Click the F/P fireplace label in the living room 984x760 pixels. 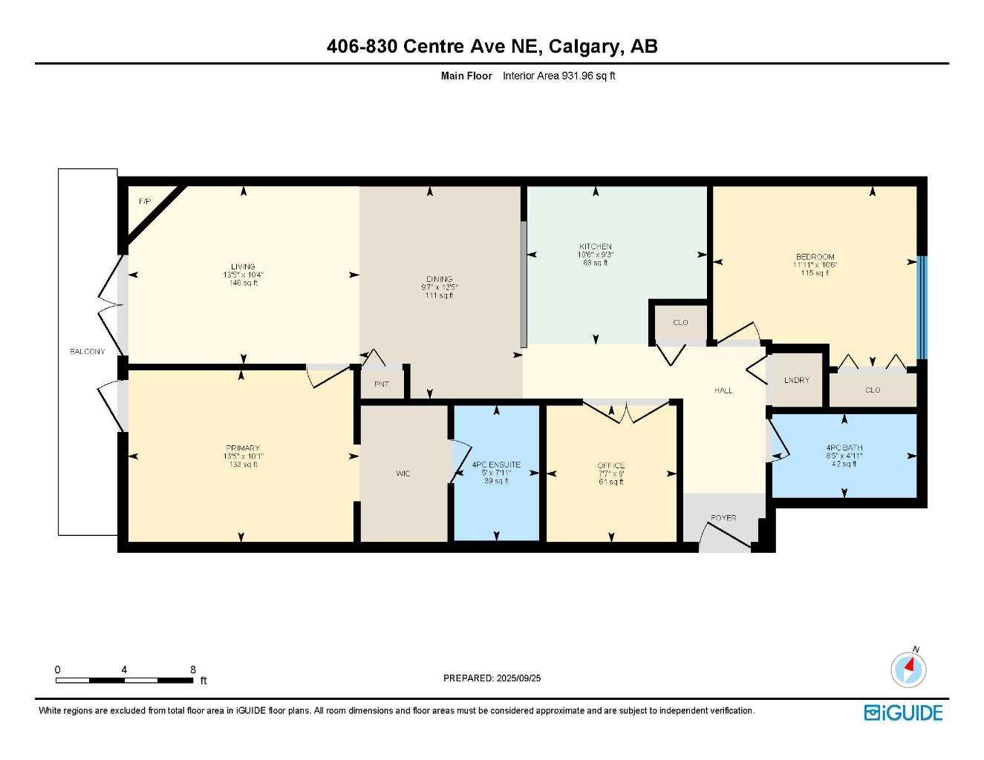[x=145, y=201]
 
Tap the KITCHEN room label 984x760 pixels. [x=595, y=246]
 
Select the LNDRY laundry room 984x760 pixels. [x=796, y=380]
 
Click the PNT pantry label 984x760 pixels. [x=381, y=384]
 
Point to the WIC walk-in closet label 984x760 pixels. [x=403, y=474]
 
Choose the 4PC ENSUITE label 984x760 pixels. [x=496, y=465]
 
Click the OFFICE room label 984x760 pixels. [x=610, y=465]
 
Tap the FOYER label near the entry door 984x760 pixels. [x=723, y=517]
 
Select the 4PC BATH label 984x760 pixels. [x=844, y=448]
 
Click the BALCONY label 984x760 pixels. [x=87, y=351]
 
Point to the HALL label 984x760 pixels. [x=723, y=390]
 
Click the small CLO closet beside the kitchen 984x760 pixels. [x=680, y=322]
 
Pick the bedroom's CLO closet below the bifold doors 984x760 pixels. [x=872, y=390]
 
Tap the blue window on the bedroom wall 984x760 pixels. [x=922, y=307]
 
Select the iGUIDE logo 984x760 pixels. [x=903, y=712]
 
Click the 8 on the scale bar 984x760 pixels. [x=192, y=669]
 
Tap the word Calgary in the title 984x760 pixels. [x=585, y=46]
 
